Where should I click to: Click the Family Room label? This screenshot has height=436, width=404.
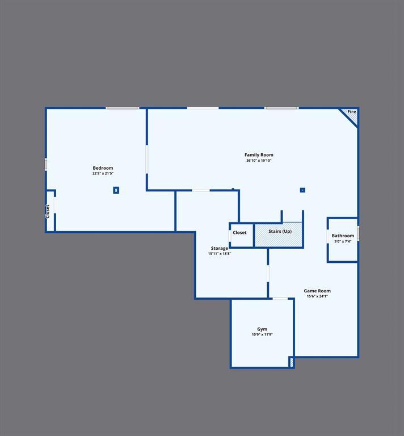click(x=259, y=155)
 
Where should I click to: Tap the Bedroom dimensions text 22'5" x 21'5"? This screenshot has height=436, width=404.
click(x=103, y=173)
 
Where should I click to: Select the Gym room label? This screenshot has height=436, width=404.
click(x=262, y=329)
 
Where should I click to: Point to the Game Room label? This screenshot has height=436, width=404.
click(x=317, y=291)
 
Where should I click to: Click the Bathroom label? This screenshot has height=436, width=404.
click(x=343, y=236)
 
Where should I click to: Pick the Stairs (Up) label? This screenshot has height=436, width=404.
click(x=280, y=232)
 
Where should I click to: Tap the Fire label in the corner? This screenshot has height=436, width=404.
click(x=351, y=111)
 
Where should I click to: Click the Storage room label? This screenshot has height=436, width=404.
click(x=220, y=248)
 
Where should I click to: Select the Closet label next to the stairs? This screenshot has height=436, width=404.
click(x=239, y=233)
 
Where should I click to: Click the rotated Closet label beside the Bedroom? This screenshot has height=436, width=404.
click(x=48, y=211)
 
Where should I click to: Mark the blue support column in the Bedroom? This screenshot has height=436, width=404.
click(x=116, y=190)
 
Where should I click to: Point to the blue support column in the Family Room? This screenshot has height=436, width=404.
click(x=302, y=190)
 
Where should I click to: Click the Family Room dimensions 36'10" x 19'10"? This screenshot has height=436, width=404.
click(x=259, y=161)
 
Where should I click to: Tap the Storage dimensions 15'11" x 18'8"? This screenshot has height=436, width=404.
click(x=220, y=254)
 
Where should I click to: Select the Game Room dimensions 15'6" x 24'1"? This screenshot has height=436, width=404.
click(x=317, y=296)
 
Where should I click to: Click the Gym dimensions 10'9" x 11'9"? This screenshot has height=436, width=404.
click(x=262, y=334)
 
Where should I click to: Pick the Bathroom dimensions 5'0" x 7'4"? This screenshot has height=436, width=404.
click(x=343, y=241)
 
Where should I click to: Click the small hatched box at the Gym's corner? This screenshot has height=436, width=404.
click(x=292, y=362)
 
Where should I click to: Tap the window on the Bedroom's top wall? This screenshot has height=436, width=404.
click(x=122, y=108)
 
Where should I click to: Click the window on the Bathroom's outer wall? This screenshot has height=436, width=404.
click(x=358, y=233)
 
